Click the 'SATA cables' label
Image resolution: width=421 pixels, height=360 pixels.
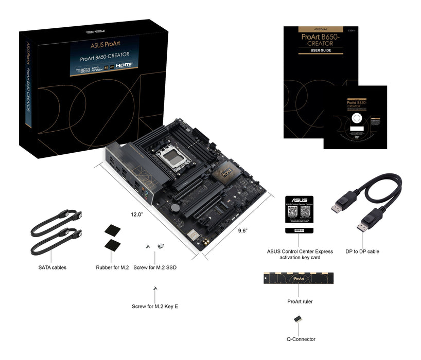coord(52,267)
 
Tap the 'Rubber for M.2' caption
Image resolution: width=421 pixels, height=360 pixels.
coord(112,267)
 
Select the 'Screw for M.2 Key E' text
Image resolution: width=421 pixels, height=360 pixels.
coord(155,307)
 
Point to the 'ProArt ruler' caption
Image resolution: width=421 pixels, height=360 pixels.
coord(300,301)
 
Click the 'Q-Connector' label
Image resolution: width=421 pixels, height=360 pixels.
coord(301,339)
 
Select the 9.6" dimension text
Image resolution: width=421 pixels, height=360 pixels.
coord(243,231)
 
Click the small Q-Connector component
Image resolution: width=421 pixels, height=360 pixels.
coord(297,319)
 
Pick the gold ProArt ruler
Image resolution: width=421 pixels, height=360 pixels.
coord(300,279)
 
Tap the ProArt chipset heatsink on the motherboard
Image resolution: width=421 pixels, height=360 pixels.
coord(227,173)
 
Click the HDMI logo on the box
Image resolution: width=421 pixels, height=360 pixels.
coord(124,65)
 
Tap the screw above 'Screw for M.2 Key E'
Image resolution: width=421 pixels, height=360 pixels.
coord(154,289)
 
